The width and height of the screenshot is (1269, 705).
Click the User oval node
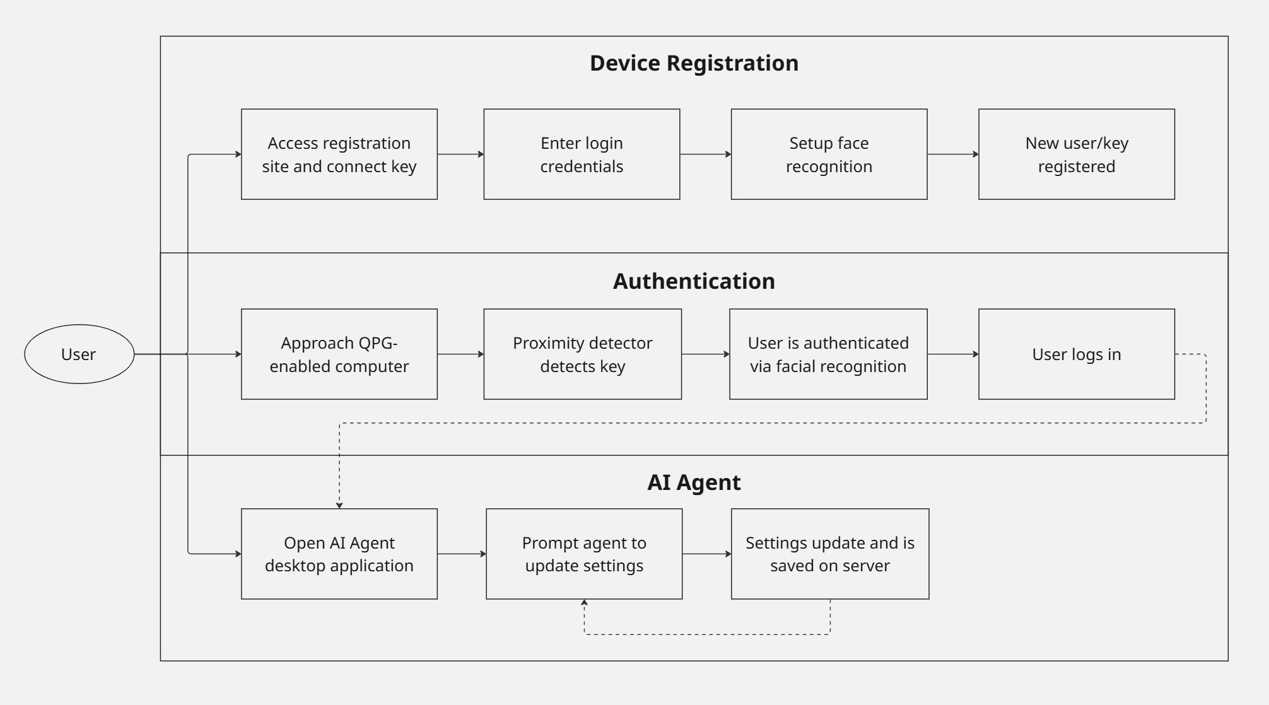(x=79, y=354)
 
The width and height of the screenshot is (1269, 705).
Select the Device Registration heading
(x=694, y=63)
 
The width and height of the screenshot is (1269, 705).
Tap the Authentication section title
(x=694, y=281)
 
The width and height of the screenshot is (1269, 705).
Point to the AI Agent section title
(x=694, y=482)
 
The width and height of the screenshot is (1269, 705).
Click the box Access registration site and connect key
(x=339, y=154)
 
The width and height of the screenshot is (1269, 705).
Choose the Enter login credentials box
(x=582, y=154)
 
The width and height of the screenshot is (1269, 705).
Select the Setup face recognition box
(x=829, y=154)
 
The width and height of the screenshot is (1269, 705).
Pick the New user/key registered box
(x=1076, y=154)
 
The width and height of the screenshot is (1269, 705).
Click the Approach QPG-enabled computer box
(x=339, y=354)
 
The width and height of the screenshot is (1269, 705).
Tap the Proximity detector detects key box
(x=582, y=354)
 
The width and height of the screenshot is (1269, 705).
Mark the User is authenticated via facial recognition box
(x=828, y=354)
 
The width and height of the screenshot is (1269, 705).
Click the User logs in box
(x=1076, y=354)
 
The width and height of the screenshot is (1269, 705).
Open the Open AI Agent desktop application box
(x=339, y=554)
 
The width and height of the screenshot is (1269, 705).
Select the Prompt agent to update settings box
(x=584, y=554)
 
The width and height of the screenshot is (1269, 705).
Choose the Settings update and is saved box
(x=830, y=554)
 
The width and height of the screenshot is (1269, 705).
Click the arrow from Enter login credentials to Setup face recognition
(x=705, y=154)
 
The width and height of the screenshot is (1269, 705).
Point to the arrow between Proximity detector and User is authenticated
(x=705, y=354)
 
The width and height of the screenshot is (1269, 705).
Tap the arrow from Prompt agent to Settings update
(x=706, y=554)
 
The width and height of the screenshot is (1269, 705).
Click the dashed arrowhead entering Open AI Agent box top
(x=339, y=504)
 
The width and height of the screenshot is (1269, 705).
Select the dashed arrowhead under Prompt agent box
(x=585, y=603)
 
